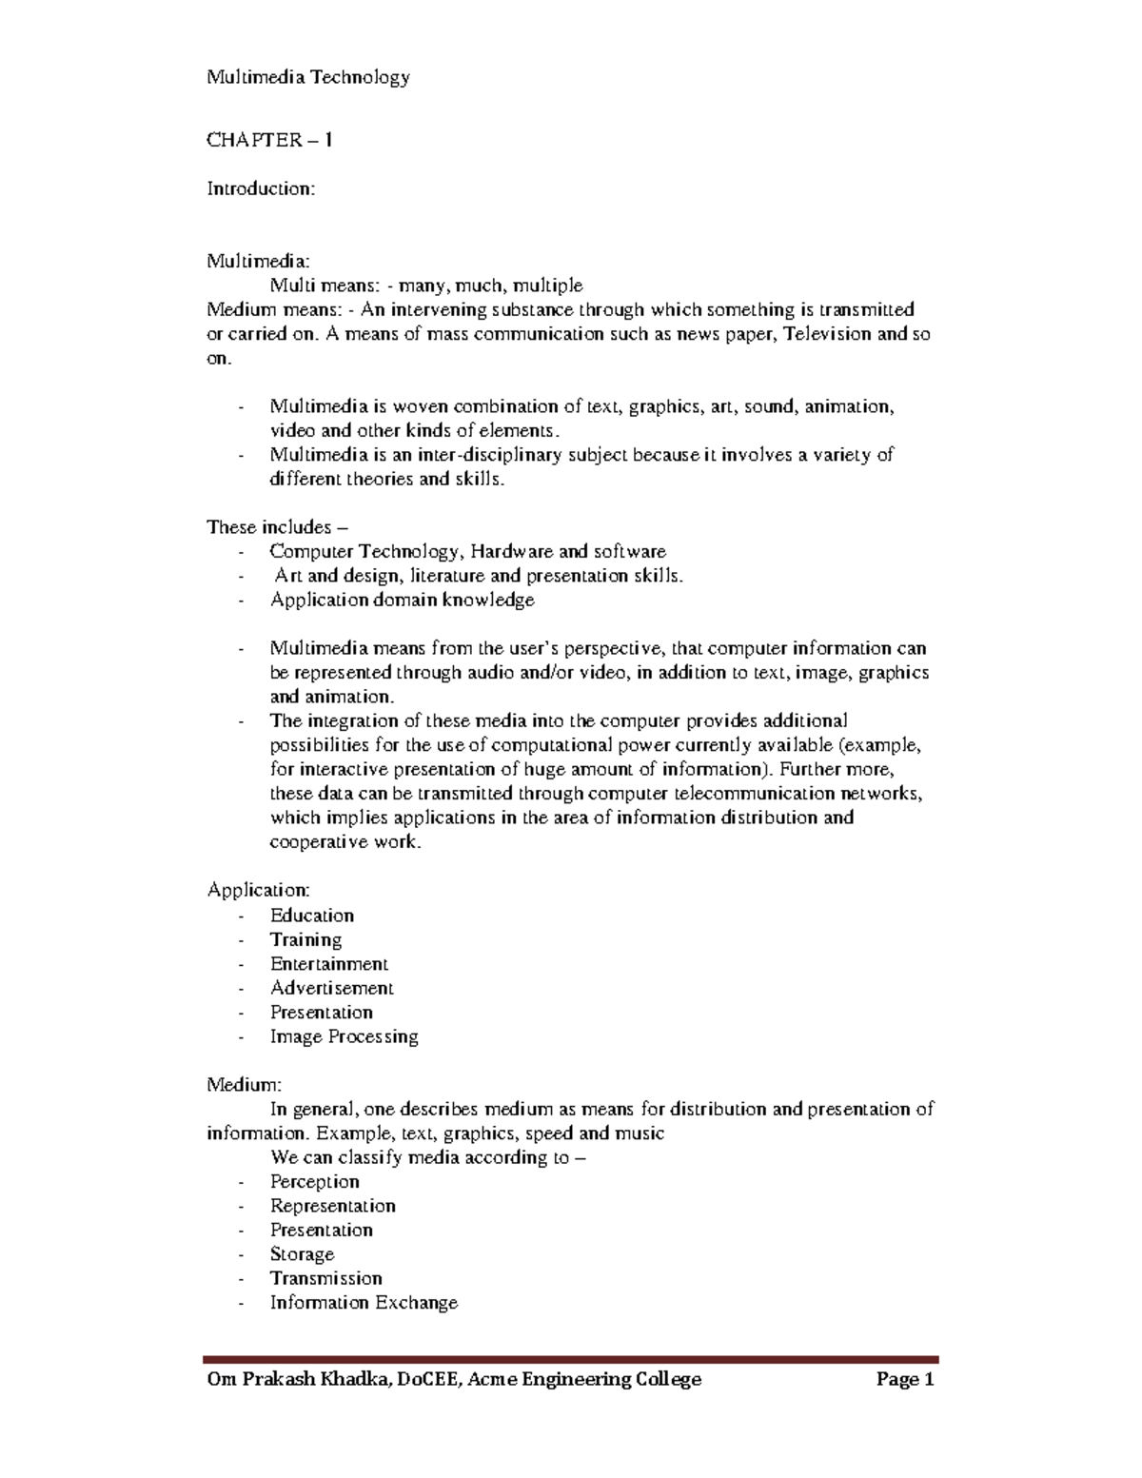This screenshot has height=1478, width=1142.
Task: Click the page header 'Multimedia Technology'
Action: [x=308, y=77]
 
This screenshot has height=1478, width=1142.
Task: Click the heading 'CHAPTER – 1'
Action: [x=269, y=140]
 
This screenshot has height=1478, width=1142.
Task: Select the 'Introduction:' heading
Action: [x=261, y=188]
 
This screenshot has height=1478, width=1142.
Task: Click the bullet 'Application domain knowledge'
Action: [x=402, y=600]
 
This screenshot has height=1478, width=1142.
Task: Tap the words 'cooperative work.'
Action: [x=345, y=841]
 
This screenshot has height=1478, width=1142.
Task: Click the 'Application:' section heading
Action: [x=259, y=890]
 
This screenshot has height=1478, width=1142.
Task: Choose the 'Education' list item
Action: [x=311, y=915]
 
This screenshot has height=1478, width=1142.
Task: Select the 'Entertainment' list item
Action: [x=328, y=963]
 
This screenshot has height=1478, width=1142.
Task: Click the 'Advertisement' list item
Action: [x=331, y=988]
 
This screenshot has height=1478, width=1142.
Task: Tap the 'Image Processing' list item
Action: [x=344, y=1036]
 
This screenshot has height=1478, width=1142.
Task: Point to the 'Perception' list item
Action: [x=314, y=1181]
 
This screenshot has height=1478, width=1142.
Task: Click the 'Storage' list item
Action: [x=302, y=1253]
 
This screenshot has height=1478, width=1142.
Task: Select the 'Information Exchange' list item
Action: [x=364, y=1302]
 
